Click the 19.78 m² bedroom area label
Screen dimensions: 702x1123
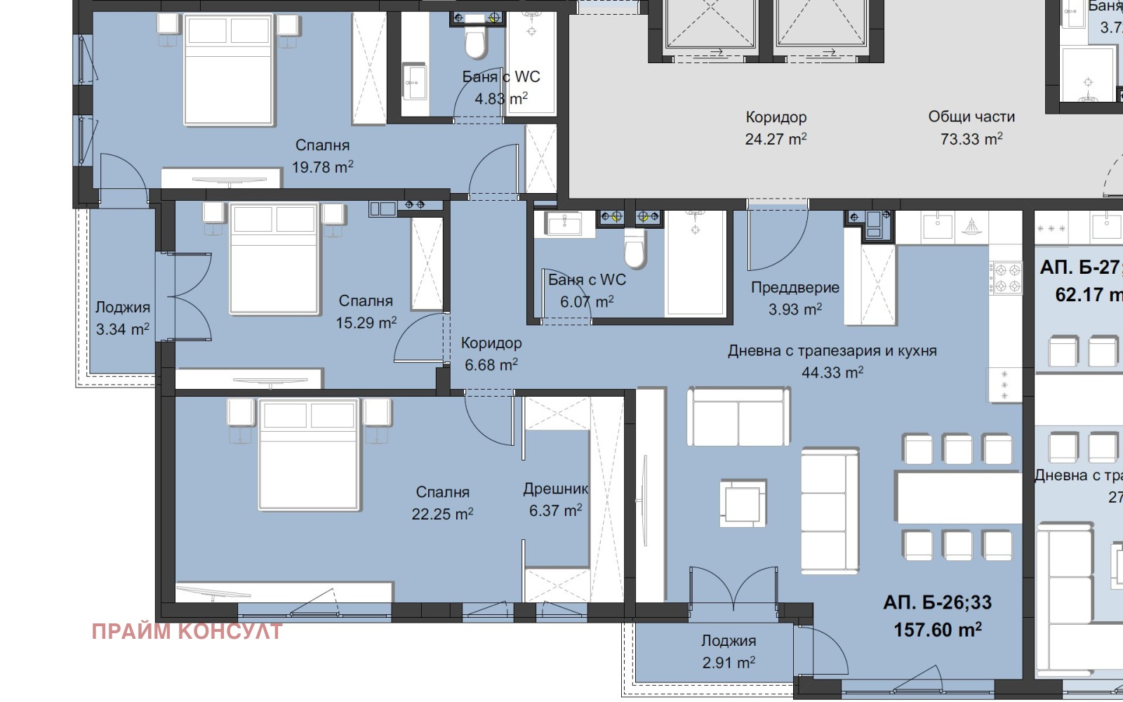pos(322,167)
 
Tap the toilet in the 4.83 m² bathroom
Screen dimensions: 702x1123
pos(475,44)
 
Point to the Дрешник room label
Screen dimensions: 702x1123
pos(555,489)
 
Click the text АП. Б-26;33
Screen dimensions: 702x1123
pos(937,602)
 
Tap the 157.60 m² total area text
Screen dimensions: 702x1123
pos(937,629)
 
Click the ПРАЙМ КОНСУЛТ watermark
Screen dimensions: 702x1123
pos(187,631)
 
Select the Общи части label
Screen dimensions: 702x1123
pos(971,117)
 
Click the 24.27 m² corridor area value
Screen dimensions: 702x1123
pos(776,139)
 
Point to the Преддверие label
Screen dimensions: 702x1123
pos(795,287)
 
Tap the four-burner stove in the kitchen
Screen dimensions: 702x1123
pos(1006,277)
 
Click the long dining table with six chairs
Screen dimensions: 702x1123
pos(958,497)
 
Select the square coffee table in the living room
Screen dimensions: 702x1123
pos(743,502)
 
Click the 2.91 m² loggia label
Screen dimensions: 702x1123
pos(729,662)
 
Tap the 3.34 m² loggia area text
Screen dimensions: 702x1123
pos(122,329)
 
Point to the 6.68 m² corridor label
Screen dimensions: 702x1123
pos(491,364)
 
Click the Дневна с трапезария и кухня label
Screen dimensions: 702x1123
pos(832,350)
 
